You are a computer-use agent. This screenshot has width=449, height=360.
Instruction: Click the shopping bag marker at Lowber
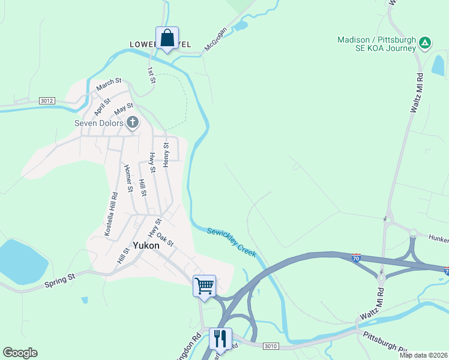[x=167, y=38]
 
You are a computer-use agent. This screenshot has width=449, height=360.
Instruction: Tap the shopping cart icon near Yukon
[x=204, y=286]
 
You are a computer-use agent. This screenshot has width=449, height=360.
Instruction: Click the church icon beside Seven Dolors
[x=133, y=124]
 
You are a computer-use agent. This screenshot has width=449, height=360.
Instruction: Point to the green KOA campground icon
[x=424, y=42]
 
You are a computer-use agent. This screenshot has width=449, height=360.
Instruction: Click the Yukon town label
[x=146, y=245]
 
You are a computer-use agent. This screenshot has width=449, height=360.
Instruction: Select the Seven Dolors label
[x=99, y=124]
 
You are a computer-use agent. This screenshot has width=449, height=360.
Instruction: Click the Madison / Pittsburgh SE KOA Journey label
[x=376, y=44]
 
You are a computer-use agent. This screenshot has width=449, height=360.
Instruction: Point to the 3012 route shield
[x=47, y=101]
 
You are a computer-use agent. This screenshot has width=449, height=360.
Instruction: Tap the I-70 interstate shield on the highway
[x=357, y=257]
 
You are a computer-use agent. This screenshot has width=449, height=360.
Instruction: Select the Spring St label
[x=59, y=280]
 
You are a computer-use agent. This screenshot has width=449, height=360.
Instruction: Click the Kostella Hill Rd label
[x=110, y=214]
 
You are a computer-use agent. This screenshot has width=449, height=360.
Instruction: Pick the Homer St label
[x=128, y=178]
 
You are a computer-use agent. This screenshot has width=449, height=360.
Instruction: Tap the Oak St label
[x=164, y=240]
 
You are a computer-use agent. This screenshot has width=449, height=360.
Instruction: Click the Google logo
[x=20, y=353]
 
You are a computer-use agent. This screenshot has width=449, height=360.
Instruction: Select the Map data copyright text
[x=423, y=355]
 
